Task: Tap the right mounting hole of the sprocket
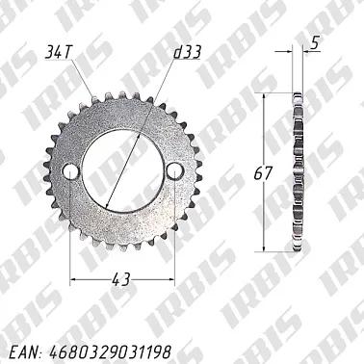(x=173, y=170)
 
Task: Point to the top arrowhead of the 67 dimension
(x=268, y=96)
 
